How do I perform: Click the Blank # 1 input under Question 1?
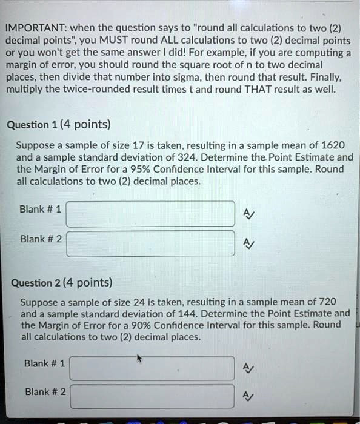[150, 213]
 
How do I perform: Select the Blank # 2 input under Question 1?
[150, 242]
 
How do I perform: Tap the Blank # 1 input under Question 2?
[152, 368]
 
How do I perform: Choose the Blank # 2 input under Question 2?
[152, 396]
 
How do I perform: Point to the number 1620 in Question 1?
[332, 145]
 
